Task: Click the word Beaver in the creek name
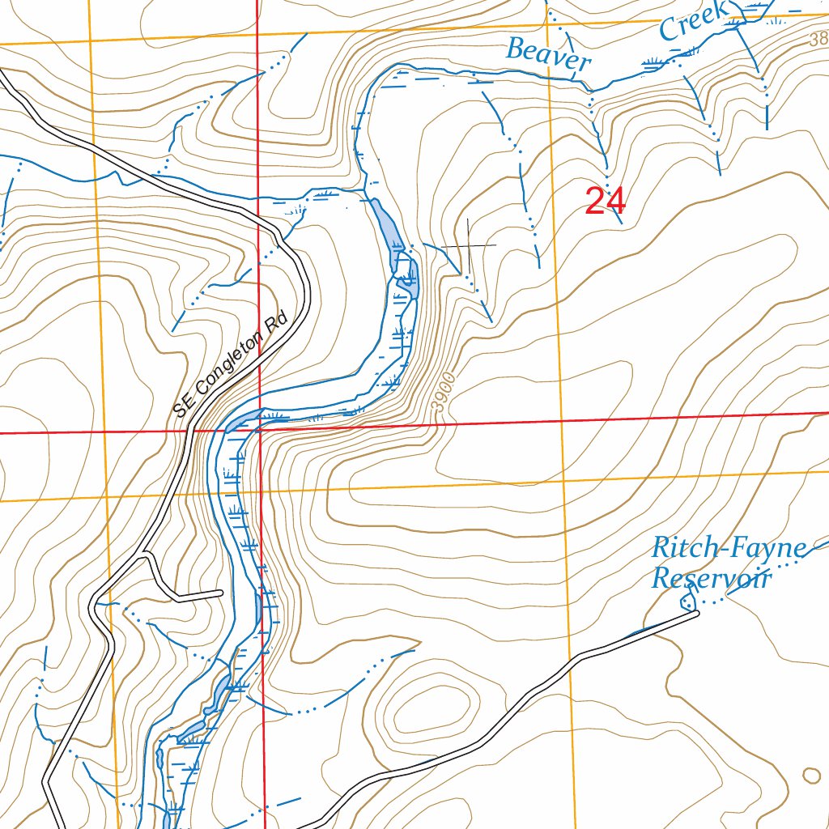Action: pyautogui.click(x=548, y=55)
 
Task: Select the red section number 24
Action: pyautogui.click(x=605, y=202)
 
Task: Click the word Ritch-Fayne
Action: pyautogui.click(x=729, y=550)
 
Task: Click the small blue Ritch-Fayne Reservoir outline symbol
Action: pyautogui.click(x=688, y=601)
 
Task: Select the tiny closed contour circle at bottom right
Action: pyautogui.click(x=811, y=775)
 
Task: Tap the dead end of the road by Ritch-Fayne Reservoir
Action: pyautogui.click(x=696, y=614)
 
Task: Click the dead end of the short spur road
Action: pyautogui.click(x=220, y=594)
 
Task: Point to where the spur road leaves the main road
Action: pyautogui.click(x=144, y=555)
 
